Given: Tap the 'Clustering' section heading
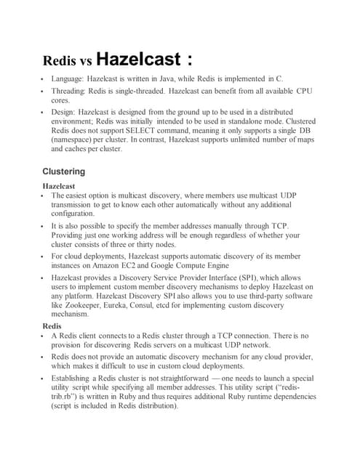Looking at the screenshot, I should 64,171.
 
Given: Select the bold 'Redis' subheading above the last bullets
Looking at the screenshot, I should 52,326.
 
